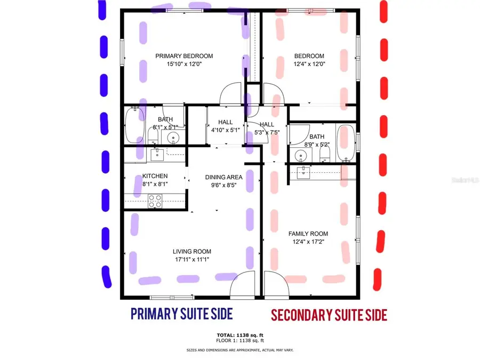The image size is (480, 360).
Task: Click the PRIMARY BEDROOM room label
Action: pyautogui.click(x=184, y=56)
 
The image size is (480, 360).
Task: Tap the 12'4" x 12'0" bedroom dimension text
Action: pyautogui.click(x=309, y=64)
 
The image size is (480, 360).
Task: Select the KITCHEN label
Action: pyautogui.click(x=155, y=176)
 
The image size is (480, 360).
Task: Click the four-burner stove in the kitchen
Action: pyautogui.click(x=155, y=201)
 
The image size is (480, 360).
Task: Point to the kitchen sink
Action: pyautogui.click(x=156, y=155)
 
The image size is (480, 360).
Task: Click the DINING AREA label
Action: pyautogui.click(x=224, y=177)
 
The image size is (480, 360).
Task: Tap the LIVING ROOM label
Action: pyautogui.click(x=191, y=252)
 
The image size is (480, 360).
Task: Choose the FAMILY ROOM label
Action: pyautogui.click(x=308, y=234)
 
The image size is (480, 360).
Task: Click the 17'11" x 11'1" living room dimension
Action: pyautogui.click(x=191, y=260)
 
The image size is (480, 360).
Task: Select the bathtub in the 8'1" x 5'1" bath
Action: pyautogui.click(x=132, y=125)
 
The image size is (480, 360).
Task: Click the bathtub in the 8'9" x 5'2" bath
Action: pyautogui.click(x=346, y=142)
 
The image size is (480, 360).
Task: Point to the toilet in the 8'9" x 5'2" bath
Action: pyautogui.click(x=324, y=155)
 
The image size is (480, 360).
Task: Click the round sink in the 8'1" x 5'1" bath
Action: pyautogui.click(x=173, y=138)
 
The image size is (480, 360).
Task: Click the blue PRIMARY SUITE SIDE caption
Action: pyautogui.click(x=181, y=314)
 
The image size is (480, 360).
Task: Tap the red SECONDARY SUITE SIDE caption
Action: pyautogui.click(x=329, y=315)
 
